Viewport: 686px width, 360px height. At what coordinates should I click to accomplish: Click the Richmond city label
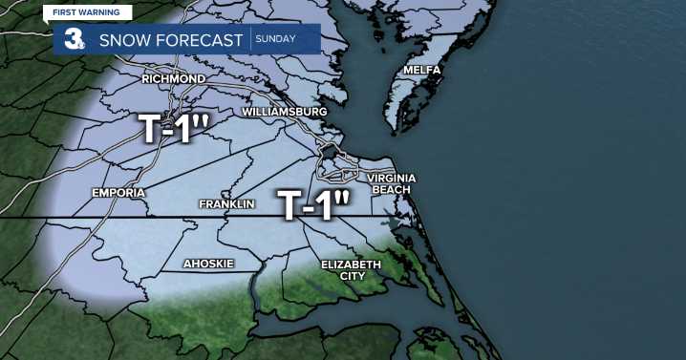[173, 78]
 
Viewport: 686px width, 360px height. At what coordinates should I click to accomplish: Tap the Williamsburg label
[285, 112]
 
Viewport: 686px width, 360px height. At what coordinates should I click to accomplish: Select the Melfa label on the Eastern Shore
[421, 70]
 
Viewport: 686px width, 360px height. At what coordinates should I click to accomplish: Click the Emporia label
[118, 193]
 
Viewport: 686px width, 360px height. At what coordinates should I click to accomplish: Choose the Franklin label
[225, 205]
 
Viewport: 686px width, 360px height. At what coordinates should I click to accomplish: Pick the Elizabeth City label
[351, 269]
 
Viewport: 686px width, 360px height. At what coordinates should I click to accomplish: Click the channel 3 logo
[72, 40]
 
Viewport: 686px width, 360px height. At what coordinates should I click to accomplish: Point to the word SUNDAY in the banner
[275, 40]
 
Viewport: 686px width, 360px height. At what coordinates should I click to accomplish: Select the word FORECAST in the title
[203, 40]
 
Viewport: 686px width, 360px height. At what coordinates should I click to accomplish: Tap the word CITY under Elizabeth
[351, 276]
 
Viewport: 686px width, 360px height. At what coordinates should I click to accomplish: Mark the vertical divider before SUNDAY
[250, 40]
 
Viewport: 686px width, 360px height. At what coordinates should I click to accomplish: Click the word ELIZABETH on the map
[351, 264]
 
